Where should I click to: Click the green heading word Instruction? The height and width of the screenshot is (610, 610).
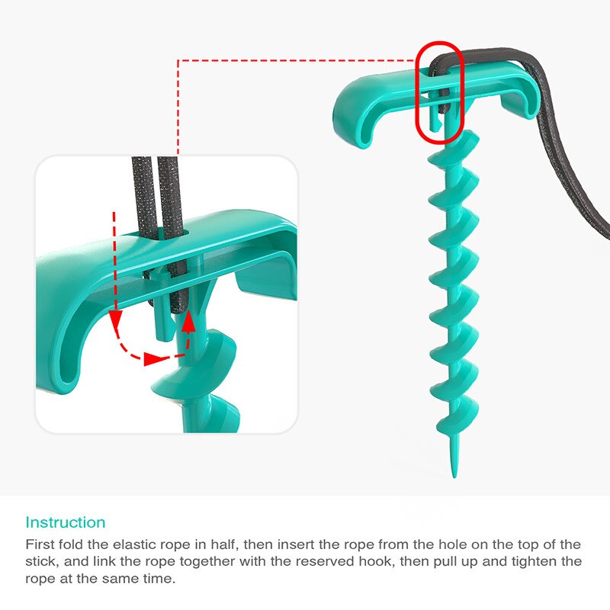(66, 522)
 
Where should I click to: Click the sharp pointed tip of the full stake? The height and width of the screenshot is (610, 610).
(454, 477)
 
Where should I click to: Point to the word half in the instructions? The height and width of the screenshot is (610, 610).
(223, 544)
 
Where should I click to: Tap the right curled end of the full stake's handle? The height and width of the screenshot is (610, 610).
(522, 102)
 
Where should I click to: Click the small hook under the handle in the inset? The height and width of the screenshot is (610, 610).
(164, 311)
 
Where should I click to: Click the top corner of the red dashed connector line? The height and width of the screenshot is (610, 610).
(178, 60)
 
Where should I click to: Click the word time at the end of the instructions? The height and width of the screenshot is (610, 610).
(159, 578)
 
